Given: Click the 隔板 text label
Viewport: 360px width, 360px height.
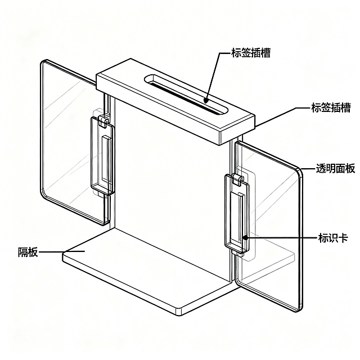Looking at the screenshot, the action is pyautogui.click(x=28, y=252).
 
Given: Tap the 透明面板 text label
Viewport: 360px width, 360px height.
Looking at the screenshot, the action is pyautogui.click(x=335, y=168).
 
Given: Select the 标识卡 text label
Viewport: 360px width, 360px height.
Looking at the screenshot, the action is pyautogui.click(x=333, y=238).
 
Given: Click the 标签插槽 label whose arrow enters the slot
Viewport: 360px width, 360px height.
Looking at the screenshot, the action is pyautogui.click(x=251, y=52).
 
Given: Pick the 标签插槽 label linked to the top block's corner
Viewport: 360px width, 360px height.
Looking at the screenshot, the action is pyautogui.click(x=331, y=107).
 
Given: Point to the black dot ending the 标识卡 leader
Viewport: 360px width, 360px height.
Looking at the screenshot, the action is pyautogui.click(x=246, y=237).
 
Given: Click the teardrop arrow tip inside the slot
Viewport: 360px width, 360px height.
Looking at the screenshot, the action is pyautogui.click(x=206, y=100).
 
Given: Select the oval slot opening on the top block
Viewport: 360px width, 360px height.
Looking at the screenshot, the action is pyautogui.click(x=186, y=94).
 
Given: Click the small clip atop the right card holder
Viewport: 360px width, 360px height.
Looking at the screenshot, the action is pyautogui.click(x=238, y=179).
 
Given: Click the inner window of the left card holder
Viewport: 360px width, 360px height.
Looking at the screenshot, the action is pyautogui.click(x=106, y=159).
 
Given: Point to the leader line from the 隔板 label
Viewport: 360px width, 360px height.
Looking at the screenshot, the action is pyautogui.click(x=61, y=252).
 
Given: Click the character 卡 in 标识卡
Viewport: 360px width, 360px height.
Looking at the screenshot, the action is pyautogui.click(x=343, y=238).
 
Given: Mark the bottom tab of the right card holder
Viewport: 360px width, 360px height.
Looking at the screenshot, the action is pyautogui.click(x=238, y=253).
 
